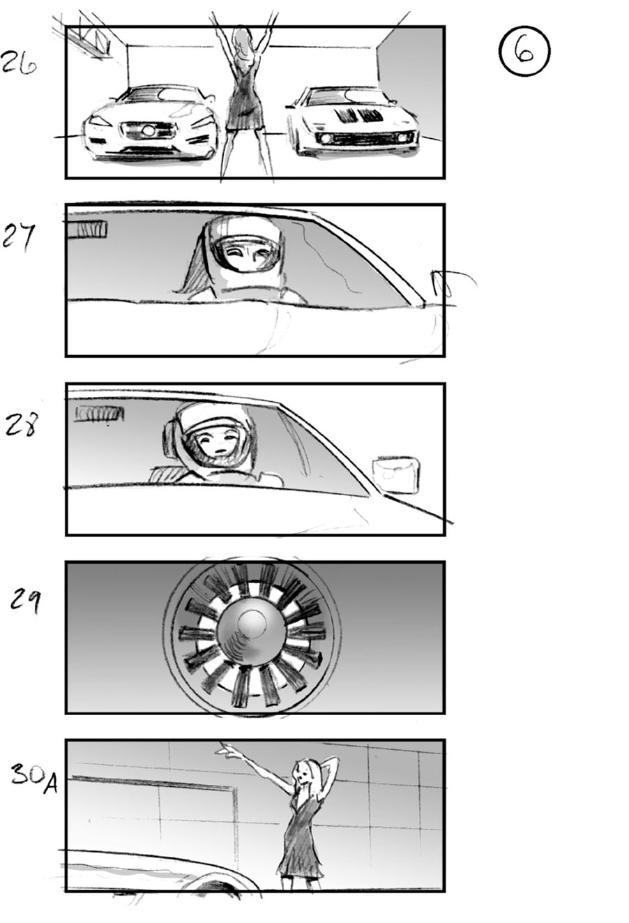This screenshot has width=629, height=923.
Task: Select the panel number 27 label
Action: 18,237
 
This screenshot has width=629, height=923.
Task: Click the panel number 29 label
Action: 26,600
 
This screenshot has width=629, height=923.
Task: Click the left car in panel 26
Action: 150,123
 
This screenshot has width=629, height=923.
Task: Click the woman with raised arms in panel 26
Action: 244,98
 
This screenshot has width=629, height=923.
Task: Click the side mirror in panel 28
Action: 395,474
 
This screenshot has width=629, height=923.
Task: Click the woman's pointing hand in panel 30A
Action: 225,751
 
